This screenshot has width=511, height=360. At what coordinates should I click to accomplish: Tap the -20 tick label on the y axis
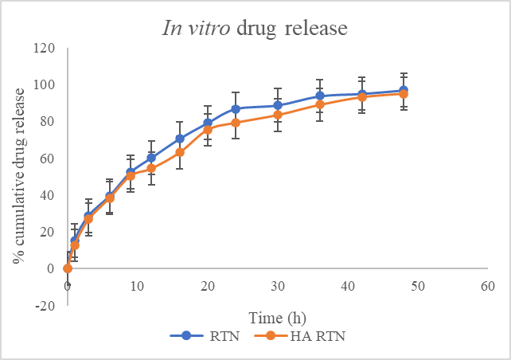pyautogui.click(x=46, y=306)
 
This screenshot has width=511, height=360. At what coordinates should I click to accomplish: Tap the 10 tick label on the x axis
pyautogui.click(x=138, y=284)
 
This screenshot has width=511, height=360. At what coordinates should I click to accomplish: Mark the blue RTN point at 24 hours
pyautogui.click(x=236, y=108)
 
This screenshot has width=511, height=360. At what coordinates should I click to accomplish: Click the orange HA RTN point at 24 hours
pyautogui.click(x=236, y=123)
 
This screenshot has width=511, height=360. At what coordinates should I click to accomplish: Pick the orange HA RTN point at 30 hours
pyautogui.click(x=278, y=115)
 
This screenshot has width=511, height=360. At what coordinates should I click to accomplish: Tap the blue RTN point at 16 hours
pyautogui.click(x=180, y=139)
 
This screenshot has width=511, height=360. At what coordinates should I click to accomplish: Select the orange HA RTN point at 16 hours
pyautogui.click(x=180, y=152)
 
